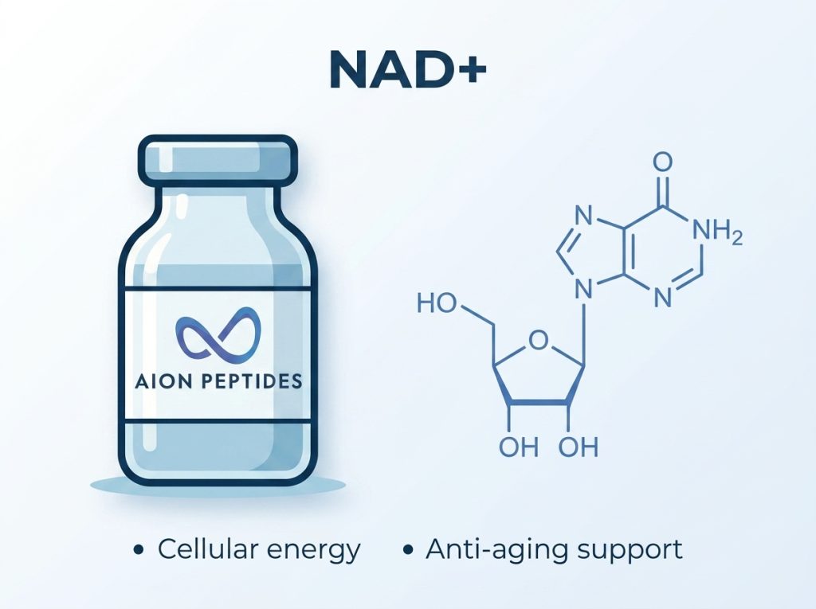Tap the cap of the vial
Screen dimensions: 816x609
point(218,160)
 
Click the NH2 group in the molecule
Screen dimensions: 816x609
point(719,232)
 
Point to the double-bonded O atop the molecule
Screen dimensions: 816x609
point(662,162)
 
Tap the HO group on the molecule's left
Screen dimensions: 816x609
point(437,303)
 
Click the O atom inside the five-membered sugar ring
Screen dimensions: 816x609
point(538,342)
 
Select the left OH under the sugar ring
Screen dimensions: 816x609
point(518,447)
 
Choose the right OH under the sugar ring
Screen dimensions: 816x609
point(579,447)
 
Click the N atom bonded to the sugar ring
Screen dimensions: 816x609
point(583,289)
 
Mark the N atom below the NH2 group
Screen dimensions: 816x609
point(662,299)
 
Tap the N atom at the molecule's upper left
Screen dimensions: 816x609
point(583,216)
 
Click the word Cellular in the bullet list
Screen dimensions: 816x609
point(206,549)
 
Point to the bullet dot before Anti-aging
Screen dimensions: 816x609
point(408,550)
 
